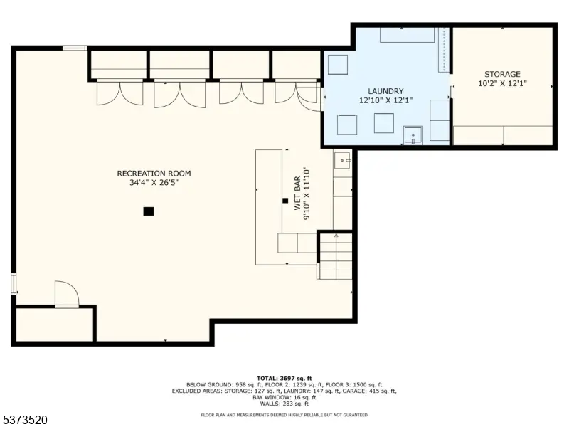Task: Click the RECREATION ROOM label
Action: click(x=154, y=174)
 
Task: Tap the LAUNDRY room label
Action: click(x=385, y=91)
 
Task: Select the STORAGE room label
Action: click(x=503, y=74)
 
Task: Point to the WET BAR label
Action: click(x=297, y=193)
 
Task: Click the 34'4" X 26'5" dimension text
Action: click(x=154, y=183)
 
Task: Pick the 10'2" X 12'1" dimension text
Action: click(x=503, y=83)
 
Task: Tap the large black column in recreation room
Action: click(x=149, y=211)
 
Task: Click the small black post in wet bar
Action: click(x=285, y=201)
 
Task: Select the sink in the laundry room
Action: click(x=413, y=135)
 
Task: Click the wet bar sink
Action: click(x=343, y=160)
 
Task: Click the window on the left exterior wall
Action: click(x=14, y=284)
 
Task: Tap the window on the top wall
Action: click(x=75, y=48)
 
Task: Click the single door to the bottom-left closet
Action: click(x=67, y=294)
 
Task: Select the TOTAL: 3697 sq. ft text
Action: click(x=284, y=379)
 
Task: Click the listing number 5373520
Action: click(x=23, y=420)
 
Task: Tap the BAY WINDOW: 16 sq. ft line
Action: click(x=284, y=398)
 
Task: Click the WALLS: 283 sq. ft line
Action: click(x=284, y=404)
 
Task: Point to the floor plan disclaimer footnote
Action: click(x=284, y=415)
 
